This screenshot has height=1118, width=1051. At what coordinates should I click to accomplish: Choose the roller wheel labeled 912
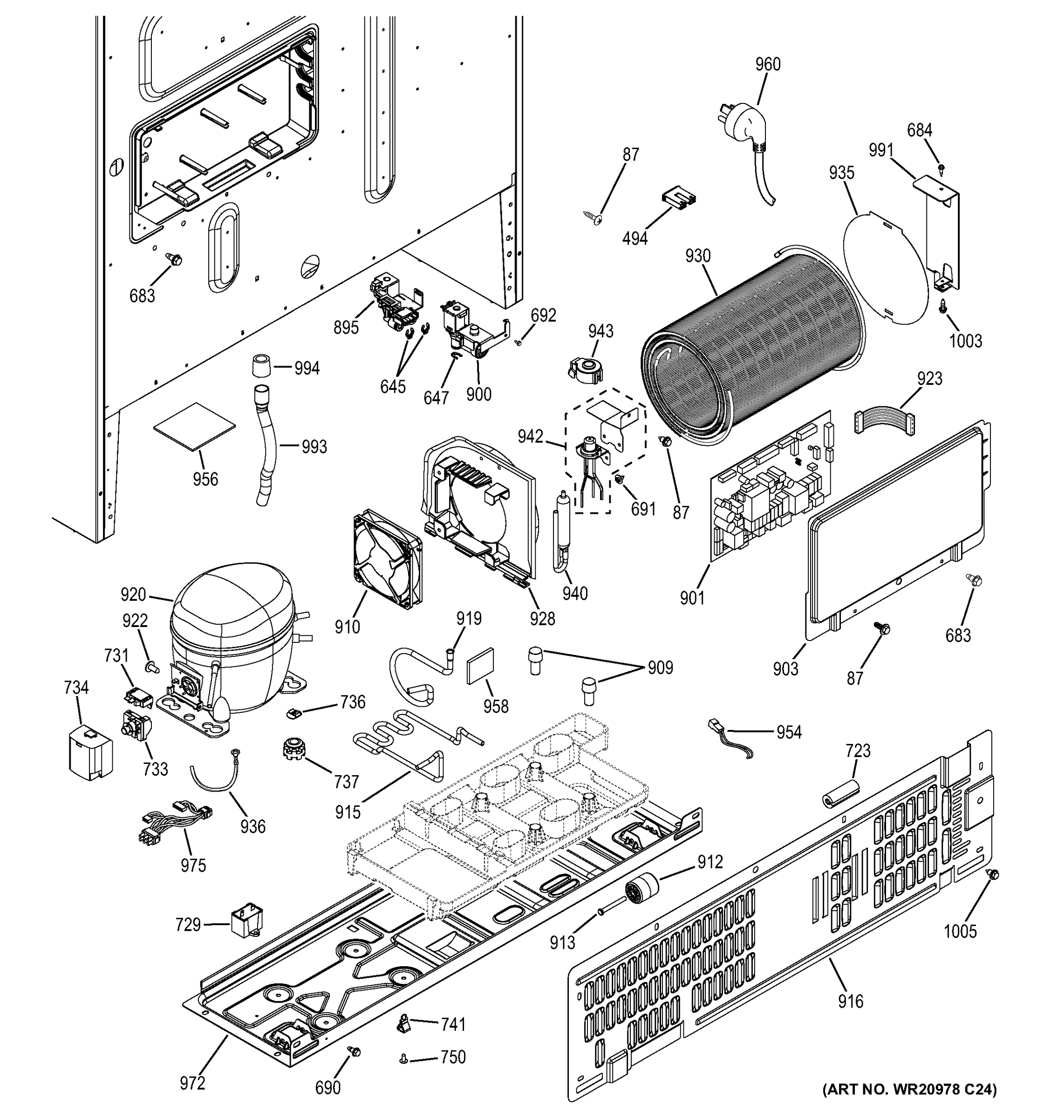click(641, 890)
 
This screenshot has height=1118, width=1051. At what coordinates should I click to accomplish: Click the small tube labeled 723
click(841, 795)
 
